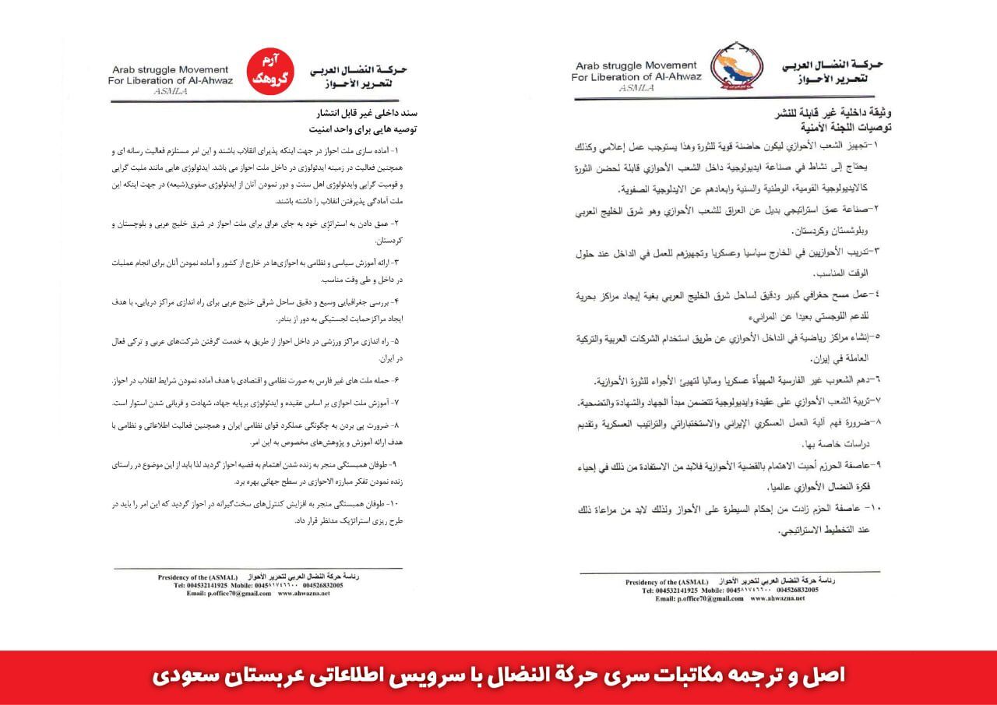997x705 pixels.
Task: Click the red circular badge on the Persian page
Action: (x=270, y=71)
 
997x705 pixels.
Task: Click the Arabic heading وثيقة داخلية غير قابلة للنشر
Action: (x=833, y=113)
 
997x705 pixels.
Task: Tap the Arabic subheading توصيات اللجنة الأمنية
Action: (x=837, y=125)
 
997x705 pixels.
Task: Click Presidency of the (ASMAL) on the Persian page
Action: (x=198, y=576)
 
